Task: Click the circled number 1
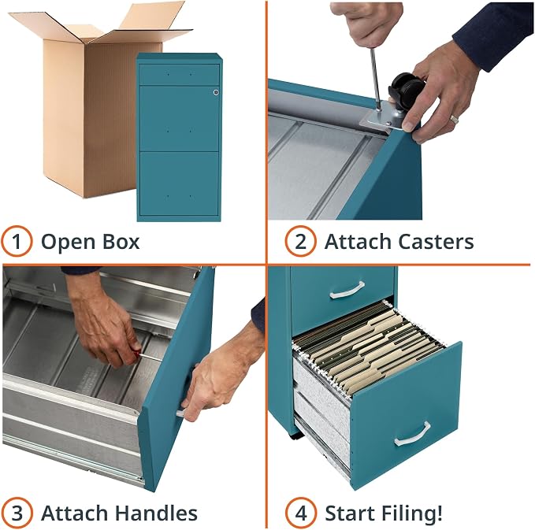(17, 241)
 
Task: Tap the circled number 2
(300, 241)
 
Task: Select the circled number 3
(17, 513)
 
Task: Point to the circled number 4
(301, 513)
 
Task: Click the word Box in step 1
(121, 242)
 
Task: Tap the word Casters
(436, 242)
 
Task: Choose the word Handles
(156, 513)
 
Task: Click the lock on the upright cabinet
(216, 92)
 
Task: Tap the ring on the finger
(454, 120)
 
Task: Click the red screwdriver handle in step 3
(136, 354)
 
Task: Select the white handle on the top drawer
(347, 290)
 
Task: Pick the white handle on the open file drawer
(412, 434)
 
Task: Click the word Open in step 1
(69, 242)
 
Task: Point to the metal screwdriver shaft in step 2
(376, 79)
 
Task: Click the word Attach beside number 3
(76, 513)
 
